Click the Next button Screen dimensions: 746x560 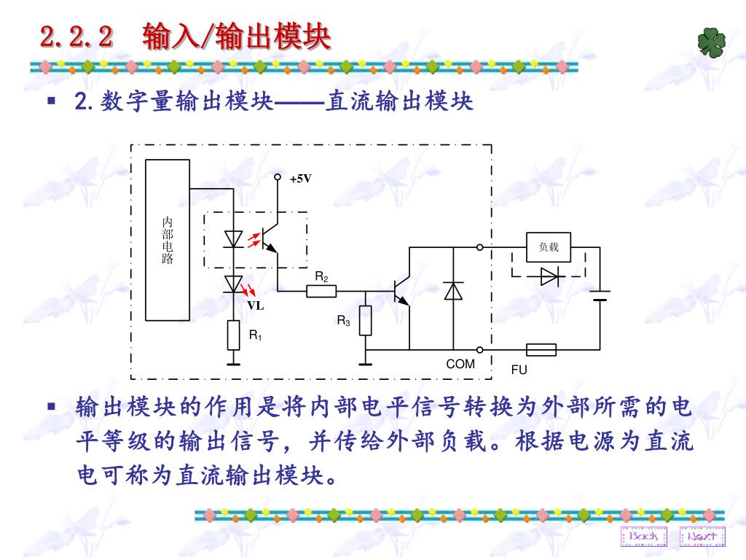(x=702, y=537)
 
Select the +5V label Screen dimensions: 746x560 (x=300, y=179)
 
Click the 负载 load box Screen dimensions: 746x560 (x=549, y=247)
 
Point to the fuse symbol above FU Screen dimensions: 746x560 (x=541, y=350)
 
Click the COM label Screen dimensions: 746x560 (x=460, y=364)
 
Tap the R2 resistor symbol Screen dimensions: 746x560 (x=321, y=292)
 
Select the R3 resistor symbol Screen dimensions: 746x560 (x=366, y=321)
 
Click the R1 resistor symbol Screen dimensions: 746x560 (x=233, y=335)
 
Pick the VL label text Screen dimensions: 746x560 (x=255, y=306)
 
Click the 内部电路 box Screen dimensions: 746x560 (x=168, y=240)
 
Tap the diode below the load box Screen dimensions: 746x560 (x=549, y=277)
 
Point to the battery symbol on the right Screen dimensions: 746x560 (x=600, y=295)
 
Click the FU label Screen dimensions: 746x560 (x=519, y=370)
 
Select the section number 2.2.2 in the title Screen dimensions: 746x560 (x=77, y=36)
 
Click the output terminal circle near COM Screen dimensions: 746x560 (x=480, y=350)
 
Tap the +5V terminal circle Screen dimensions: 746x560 (x=278, y=177)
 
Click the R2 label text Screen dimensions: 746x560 (x=321, y=277)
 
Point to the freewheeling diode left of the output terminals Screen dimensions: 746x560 (x=453, y=291)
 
